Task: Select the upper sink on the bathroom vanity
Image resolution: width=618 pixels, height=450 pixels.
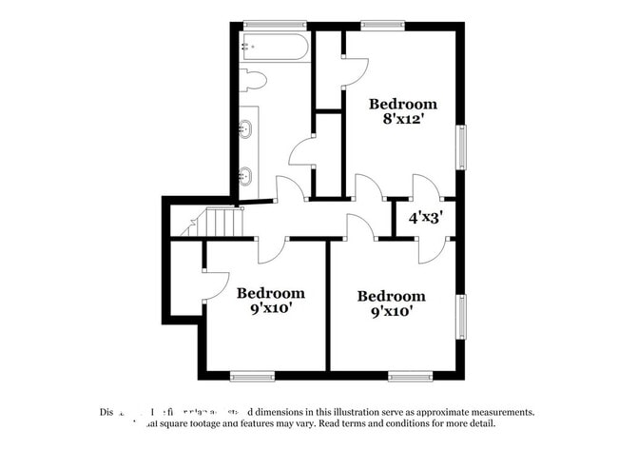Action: tap(246, 128)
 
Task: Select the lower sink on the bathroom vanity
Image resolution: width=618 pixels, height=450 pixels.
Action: tap(246, 175)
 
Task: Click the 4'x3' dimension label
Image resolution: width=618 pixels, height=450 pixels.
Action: tap(426, 217)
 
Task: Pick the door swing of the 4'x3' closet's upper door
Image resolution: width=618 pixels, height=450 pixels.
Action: tap(423, 186)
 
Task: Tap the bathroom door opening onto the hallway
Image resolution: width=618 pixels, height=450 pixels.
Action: tap(289, 187)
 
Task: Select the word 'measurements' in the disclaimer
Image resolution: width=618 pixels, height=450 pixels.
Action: tap(497, 412)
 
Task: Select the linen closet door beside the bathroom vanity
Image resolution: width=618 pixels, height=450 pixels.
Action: tap(303, 152)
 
